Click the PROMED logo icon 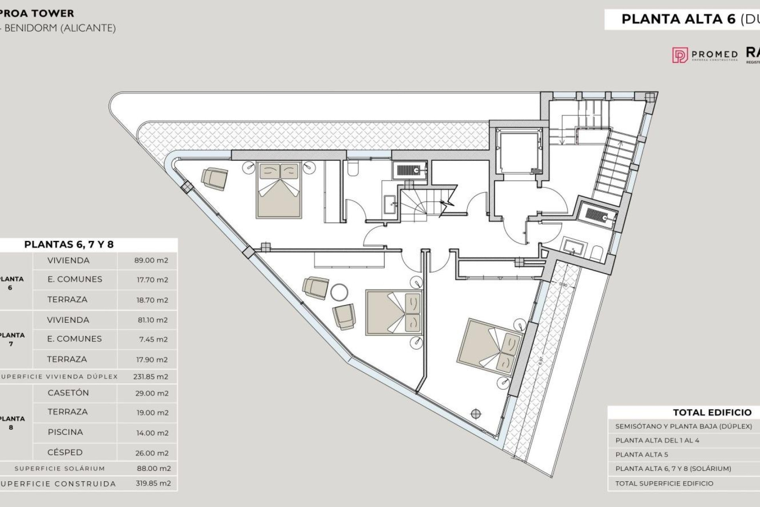[x=680, y=55]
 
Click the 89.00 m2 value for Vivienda [x=151, y=260]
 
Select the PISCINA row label [x=65, y=432]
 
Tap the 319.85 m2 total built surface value [x=153, y=483]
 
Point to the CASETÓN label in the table [x=68, y=393]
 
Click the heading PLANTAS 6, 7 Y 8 [x=69, y=244]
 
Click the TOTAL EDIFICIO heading [x=712, y=412]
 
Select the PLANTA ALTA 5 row [x=641, y=454]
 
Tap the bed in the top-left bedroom [x=279, y=190]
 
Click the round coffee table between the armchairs [x=339, y=292]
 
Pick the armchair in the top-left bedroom [x=215, y=178]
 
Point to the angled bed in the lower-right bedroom [x=489, y=347]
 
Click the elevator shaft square [x=519, y=152]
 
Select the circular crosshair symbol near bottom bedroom [x=476, y=414]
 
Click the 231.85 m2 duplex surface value [x=150, y=377]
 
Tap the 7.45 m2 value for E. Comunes [x=153, y=339]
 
